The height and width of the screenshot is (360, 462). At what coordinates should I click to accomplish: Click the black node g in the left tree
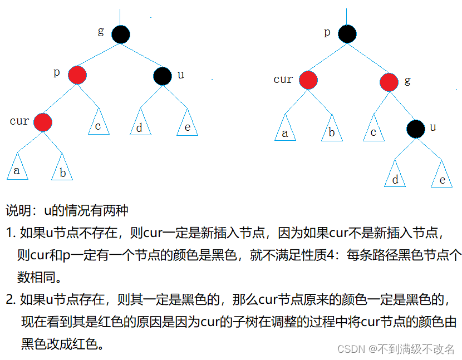[x=120, y=34]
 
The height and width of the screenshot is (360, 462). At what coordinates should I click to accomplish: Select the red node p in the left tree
[x=77, y=75]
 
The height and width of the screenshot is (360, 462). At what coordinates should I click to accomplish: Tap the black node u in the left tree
[x=163, y=76]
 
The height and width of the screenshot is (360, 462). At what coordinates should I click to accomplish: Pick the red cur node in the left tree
[x=43, y=121]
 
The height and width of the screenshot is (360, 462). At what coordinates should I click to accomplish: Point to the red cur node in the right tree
[x=307, y=80]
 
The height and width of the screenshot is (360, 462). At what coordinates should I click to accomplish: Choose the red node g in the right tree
[x=390, y=82]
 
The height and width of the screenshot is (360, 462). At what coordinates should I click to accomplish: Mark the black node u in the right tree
[x=415, y=129]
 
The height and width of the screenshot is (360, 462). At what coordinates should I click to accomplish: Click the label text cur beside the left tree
[x=19, y=121]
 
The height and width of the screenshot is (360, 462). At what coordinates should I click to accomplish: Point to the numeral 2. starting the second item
[x=11, y=300]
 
